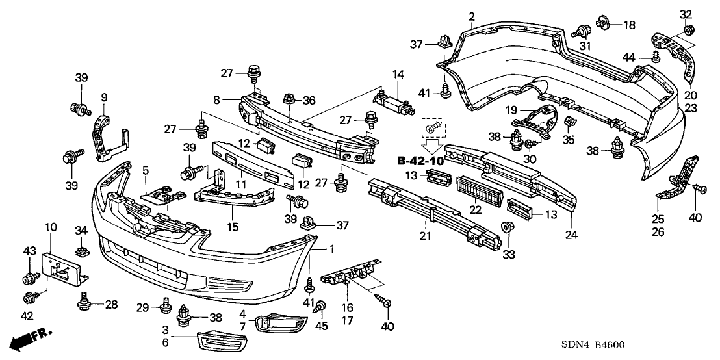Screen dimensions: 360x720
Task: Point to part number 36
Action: (309, 99)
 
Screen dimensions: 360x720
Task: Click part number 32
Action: (686, 14)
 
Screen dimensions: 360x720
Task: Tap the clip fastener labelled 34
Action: (82, 249)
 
